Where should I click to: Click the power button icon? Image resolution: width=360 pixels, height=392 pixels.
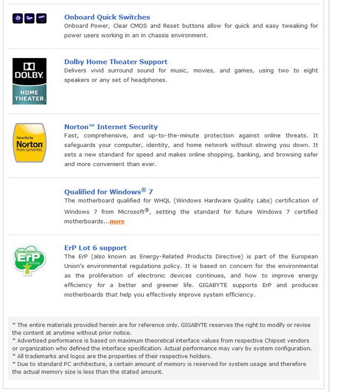coord(17,18)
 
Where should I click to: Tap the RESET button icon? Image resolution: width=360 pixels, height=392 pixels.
coord(41,18)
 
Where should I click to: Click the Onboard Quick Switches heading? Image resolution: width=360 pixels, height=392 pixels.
coord(107,17)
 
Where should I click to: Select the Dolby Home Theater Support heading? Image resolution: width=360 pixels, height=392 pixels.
coord(115,62)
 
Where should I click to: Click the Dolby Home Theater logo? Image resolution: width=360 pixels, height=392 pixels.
coord(29,81)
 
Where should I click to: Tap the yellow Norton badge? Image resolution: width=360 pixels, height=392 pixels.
coord(29,143)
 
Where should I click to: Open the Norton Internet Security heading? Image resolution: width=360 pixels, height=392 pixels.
coord(110,127)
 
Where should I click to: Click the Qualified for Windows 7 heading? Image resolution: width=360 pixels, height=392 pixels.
coord(108,191)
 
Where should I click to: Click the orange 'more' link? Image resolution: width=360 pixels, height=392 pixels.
coord(117,221)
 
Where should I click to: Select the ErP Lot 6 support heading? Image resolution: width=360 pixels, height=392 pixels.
coord(95,248)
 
